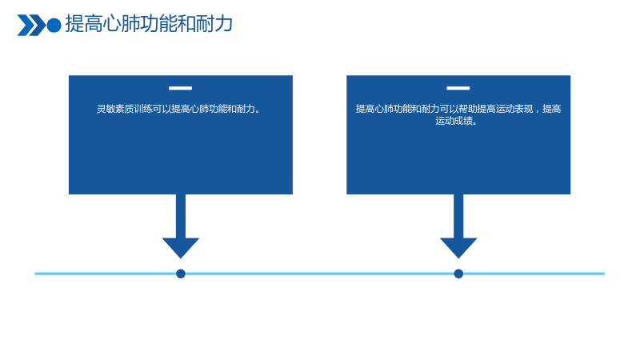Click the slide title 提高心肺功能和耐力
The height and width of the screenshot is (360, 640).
click(149, 24)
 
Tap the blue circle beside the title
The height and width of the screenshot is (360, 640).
click(54, 26)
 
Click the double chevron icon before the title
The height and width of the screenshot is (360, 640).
click(31, 26)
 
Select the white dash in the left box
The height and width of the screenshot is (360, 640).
click(181, 88)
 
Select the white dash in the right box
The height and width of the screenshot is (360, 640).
click(458, 88)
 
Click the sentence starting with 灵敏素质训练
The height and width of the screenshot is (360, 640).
click(178, 109)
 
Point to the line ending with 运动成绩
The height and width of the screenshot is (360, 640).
click(456, 121)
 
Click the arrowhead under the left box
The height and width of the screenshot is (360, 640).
click(181, 247)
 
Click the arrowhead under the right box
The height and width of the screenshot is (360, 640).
click(458, 247)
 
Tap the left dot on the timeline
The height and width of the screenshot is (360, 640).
click(181, 274)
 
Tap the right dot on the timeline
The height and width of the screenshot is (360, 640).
click(458, 274)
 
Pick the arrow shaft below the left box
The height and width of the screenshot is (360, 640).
click(181, 216)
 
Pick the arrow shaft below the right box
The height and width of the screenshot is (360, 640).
click(458, 216)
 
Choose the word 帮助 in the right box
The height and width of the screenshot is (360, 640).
click(467, 109)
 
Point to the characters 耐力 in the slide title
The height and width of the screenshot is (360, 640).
click(214, 24)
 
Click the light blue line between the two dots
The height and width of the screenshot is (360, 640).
click(319, 274)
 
